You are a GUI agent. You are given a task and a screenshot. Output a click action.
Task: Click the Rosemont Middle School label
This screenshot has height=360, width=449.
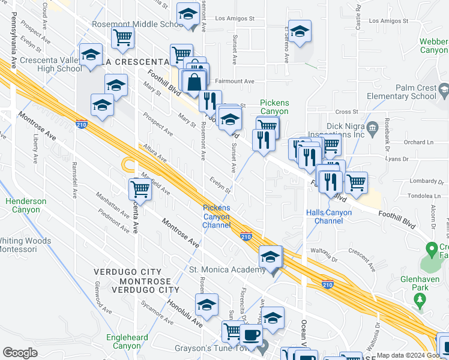pyautogui.click(x=137, y=25)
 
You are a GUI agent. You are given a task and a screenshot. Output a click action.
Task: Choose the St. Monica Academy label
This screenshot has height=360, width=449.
pyautogui.click(x=228, y=269)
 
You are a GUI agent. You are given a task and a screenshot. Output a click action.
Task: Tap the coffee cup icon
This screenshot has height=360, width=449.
pyautogui.click(x=251, y=334)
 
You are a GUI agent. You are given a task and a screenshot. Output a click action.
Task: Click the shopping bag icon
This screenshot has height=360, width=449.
pyautogui.click(x=194, y=83)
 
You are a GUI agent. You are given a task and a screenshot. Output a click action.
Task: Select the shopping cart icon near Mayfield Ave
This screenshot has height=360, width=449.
pyautogui.click(x=140, y=189)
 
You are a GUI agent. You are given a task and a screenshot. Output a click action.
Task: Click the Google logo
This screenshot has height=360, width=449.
pyautogui.click(x=20, y=353)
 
